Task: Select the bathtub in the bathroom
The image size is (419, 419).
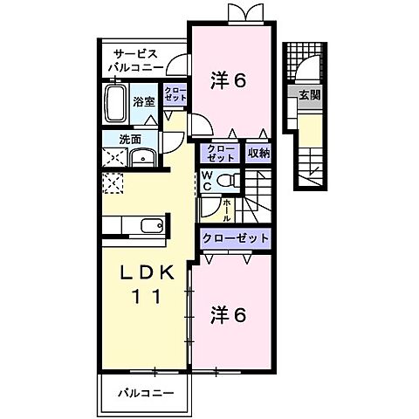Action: [115, 102]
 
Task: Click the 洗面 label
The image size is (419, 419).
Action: [116, 137]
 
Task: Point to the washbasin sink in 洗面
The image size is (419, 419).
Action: [142, 158]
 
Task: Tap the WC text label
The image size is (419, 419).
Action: [207, 180]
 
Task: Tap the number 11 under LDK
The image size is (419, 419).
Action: [146, 297]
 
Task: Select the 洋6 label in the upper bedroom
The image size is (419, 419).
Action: [229, 80]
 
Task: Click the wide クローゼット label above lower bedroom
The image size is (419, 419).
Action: [234, 237]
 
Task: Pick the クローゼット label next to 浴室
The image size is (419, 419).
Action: [175, 95]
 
